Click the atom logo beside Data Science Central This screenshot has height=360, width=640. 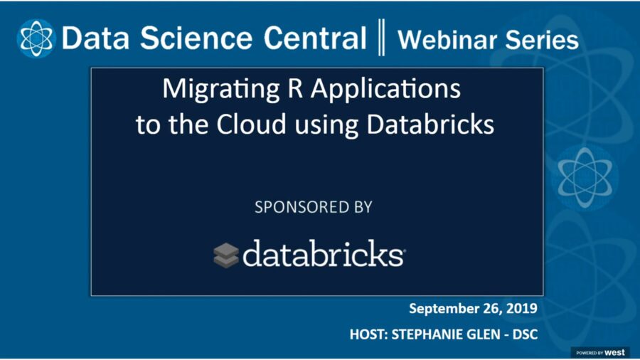[36, 38]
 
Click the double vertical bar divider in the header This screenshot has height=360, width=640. [382, 38]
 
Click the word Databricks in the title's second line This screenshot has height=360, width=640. [430, 125]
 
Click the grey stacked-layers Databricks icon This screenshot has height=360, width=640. [226, 255]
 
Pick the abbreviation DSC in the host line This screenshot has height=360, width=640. [530, 332]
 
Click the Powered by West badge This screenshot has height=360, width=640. [600, 352]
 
